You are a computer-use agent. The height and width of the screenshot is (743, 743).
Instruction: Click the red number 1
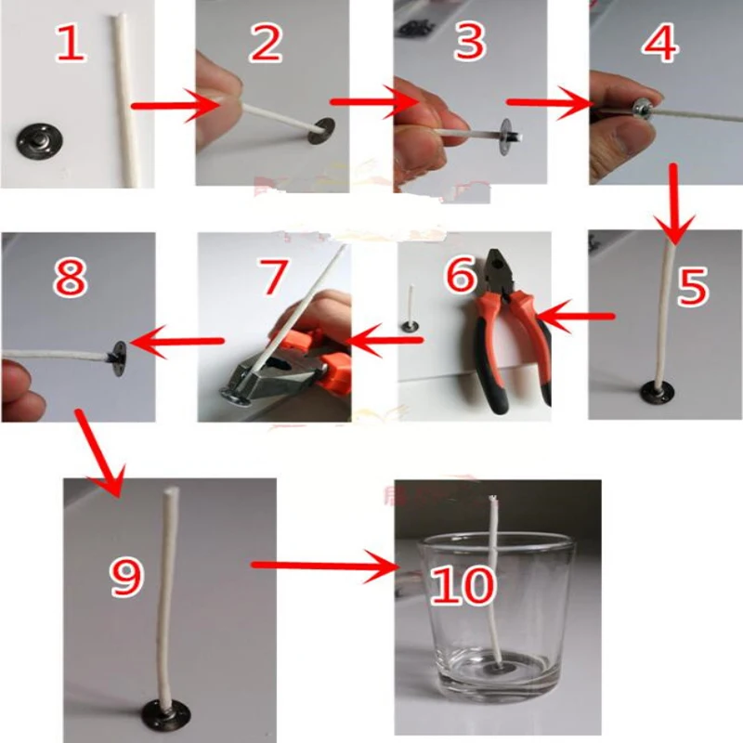(x=71, y=44)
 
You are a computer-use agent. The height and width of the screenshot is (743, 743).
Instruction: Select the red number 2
(x=266, y=44)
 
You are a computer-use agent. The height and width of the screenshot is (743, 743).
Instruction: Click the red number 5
(x=692, y=288)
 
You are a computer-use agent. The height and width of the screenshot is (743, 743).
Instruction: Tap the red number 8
(x=70, y=276)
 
